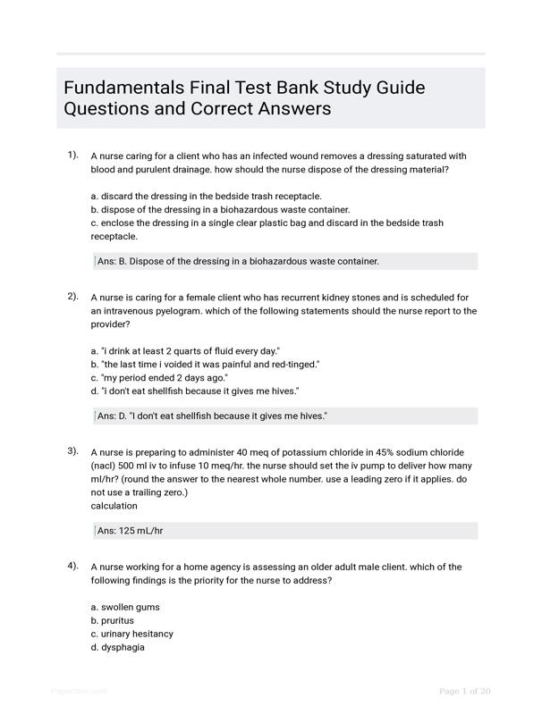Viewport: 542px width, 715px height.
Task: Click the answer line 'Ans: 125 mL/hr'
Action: pos(131,531)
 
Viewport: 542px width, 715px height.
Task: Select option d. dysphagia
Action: pos(117,647)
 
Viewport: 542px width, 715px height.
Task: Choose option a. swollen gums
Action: pos(125,607)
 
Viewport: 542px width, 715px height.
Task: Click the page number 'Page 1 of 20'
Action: pos(464,691)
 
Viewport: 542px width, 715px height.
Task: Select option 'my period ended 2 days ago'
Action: pos(159,378)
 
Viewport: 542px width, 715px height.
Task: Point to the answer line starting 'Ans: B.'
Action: pos(238,261)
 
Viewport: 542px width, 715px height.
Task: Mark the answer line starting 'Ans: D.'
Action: pos(212,416)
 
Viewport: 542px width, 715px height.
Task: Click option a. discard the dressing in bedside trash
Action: pos(206,196)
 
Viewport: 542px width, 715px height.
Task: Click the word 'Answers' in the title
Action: pos(294,109)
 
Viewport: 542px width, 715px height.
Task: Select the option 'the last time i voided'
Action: pos(205,365)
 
